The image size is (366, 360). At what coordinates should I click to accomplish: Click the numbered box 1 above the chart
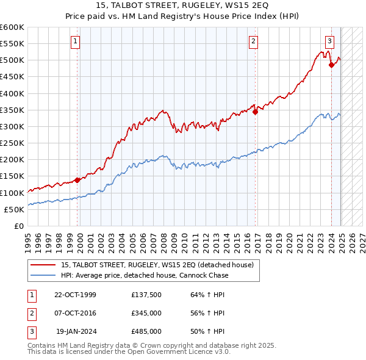coord(75,41)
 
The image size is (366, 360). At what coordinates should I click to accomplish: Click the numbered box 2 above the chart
coord(253,41)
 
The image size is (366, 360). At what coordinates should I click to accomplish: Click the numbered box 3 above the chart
coord(329,41)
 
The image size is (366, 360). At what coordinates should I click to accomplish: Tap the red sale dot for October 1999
coord(77,180)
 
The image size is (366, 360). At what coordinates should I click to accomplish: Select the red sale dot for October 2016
coord(255,112)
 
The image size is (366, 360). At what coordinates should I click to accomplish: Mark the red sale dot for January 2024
coord(331,65)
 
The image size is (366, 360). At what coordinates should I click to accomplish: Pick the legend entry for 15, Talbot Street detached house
coord(161,265)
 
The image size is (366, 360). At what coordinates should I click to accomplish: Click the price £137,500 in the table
coord(146,295)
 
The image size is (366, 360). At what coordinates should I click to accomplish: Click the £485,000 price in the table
coord(146,331)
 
